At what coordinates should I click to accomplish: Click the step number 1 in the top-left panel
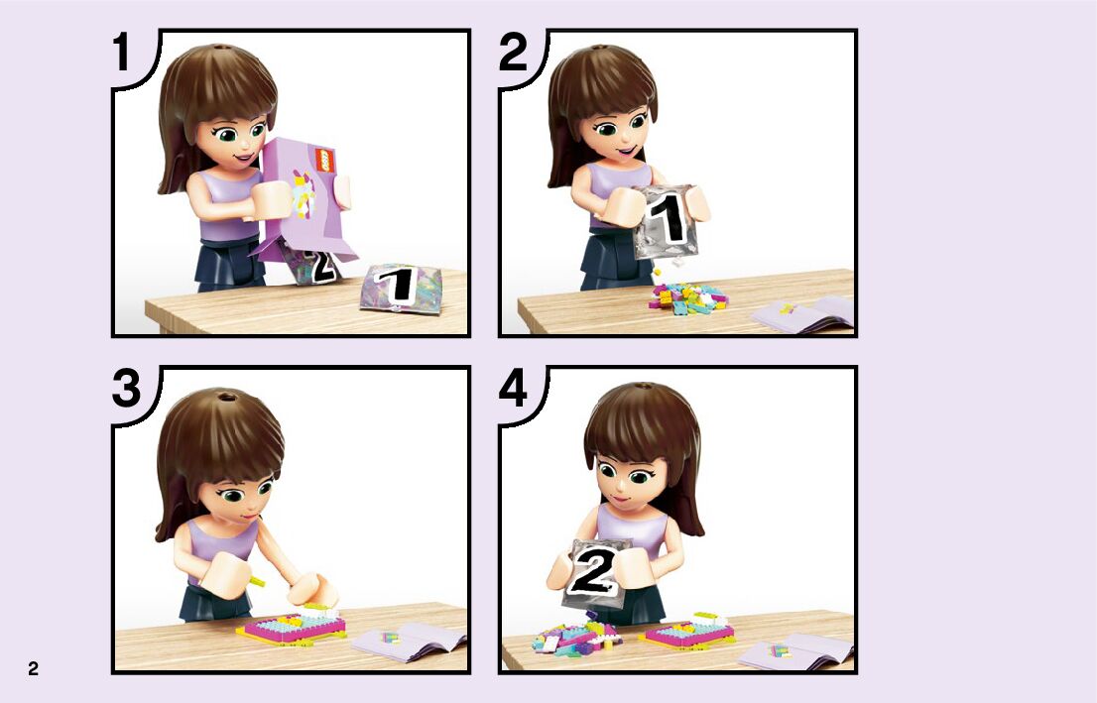click(122, 54)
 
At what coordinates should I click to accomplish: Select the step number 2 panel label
click(513, 54)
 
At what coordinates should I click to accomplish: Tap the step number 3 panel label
click(126, 390)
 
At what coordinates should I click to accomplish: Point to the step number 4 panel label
click(513, 390)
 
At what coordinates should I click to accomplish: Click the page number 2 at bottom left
click(33, 668)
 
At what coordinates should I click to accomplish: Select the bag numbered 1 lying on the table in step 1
click(401, 288)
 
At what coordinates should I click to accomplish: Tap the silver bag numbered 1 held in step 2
click(667, 221)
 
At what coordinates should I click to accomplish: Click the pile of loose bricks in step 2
click(688, 298)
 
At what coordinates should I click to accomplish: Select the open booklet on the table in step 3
click(411, 643)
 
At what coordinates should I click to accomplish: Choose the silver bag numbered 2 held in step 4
click(595, 573)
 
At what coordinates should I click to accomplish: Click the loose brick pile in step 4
click(579, 637)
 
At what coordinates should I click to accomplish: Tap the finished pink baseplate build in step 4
click(687, 631)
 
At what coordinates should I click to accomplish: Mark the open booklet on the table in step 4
click(797, 651)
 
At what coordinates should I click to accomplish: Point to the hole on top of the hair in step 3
click(225, 398)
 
